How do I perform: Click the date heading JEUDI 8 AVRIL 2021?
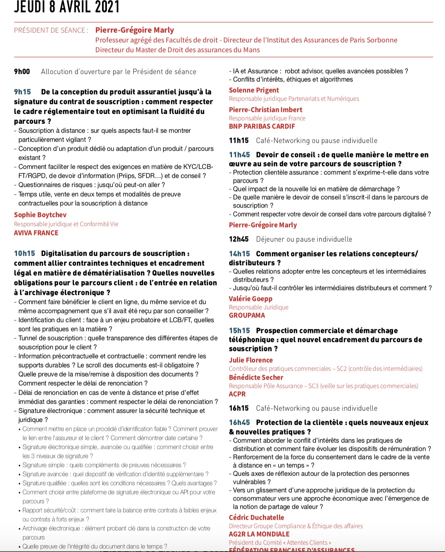(67, 7)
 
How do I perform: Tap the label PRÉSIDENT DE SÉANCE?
(51, 30)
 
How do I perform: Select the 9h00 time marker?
(22, 72)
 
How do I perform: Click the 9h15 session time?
(22, 92)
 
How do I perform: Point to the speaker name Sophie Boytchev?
(40, 215)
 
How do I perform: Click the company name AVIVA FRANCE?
(36, 233)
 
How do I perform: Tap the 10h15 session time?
(24, 253)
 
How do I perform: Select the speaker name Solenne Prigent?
(254, 90)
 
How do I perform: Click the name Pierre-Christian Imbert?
(265, 110)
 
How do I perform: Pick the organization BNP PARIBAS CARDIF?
(262, 127)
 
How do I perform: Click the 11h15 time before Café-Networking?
(239, 141)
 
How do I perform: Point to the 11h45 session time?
(239, 155)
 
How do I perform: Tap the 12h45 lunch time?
(239, 239)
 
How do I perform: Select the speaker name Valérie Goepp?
(250, 299)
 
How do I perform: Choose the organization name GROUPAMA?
(247, 316)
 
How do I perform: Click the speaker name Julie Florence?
(251, 360)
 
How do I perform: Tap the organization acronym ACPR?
(237, 394)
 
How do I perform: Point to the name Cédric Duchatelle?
(256, 518)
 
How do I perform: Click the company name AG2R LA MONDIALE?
(259, 534)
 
